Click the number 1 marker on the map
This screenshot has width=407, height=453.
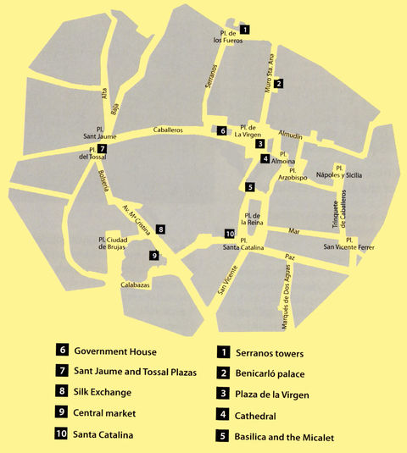245,30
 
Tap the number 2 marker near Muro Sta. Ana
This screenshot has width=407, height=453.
278,83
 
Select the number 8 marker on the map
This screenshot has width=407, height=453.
160,229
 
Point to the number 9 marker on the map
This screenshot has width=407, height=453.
153,255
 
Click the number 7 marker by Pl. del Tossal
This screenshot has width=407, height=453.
102,149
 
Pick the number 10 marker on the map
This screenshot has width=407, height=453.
229,234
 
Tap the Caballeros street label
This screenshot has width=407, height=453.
168,131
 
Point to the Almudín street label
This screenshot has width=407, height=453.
292,135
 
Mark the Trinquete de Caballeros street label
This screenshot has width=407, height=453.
335,208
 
